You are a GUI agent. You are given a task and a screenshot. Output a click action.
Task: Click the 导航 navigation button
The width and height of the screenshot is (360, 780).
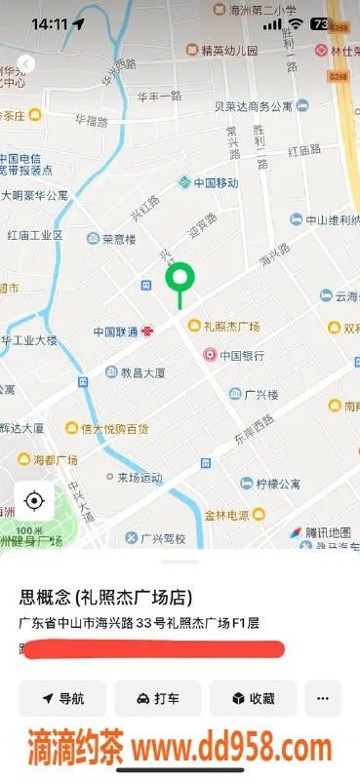(62, 698)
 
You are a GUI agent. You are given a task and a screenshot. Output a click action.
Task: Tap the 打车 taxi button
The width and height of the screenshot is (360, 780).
(157, 698)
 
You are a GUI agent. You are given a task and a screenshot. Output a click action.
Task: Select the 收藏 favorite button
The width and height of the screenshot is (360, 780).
(252, 698)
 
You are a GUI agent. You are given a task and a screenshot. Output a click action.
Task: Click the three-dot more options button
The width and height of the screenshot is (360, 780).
(323, 698)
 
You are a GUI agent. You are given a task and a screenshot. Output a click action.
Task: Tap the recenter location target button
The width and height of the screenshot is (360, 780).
(34, 501)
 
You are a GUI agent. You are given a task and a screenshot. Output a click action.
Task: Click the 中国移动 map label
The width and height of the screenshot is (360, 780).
(208, 182)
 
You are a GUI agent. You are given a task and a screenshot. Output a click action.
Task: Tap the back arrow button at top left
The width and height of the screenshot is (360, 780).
(26, 63)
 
